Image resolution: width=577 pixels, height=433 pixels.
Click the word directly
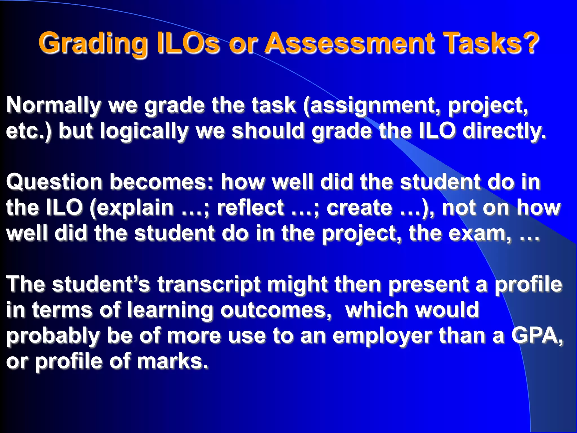coord(504,131)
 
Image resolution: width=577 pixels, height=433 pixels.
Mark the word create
coord(359,207)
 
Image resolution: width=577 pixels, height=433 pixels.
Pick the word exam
coord(479,233)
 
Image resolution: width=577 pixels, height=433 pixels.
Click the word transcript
coord(209,285)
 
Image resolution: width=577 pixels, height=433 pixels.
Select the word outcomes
coord(276,310)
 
